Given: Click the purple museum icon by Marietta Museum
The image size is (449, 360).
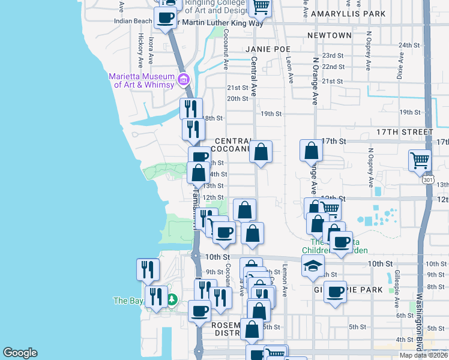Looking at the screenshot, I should point(184,79).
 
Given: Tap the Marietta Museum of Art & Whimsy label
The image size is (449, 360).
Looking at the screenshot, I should point(142,80).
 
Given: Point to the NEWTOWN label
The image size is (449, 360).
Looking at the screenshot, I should point(329,35).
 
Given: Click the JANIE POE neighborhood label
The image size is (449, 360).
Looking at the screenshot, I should point(268,49).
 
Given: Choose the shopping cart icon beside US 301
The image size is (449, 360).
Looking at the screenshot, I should point(420,160).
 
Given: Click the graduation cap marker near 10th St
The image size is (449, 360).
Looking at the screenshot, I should point(312,266).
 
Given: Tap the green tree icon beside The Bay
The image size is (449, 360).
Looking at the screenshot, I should point(172,299).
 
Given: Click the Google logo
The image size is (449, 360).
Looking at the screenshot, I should point(20,353).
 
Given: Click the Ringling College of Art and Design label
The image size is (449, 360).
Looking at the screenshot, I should point(215,7).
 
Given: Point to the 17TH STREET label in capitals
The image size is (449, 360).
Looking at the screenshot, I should point(404,132).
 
